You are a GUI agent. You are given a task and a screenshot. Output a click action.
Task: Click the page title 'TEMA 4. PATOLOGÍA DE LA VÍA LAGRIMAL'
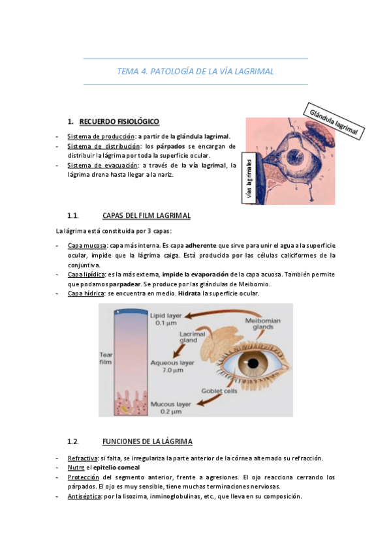point(195,71)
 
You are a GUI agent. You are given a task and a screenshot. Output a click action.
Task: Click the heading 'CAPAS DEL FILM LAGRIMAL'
point(146,215)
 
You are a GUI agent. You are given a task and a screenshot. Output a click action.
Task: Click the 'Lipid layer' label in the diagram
point(167,319)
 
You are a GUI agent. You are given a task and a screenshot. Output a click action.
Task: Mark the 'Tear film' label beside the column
point(106,357)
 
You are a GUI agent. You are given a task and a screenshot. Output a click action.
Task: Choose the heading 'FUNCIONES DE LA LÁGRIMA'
point(147,441)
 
